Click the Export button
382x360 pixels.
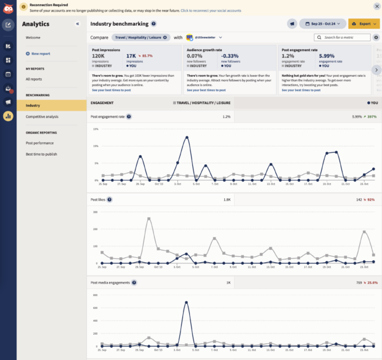coord(364,23)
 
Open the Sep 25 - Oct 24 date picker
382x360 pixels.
coord(322,23)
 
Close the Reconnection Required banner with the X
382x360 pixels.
coord(376,6)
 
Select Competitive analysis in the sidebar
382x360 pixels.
coord(42,116)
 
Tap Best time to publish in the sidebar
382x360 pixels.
coord(41,154)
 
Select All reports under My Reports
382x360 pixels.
coord(35,79)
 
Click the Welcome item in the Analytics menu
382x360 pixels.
coord(33,38)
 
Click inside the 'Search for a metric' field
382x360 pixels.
coord(347,38)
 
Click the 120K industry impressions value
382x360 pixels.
coord(99,55)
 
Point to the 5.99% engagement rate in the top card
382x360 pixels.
coord(328,55)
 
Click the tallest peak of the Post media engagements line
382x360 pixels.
coord(185,302)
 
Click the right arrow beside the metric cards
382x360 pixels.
coord(376,70)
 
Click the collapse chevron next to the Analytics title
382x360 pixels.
coord(78,24)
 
